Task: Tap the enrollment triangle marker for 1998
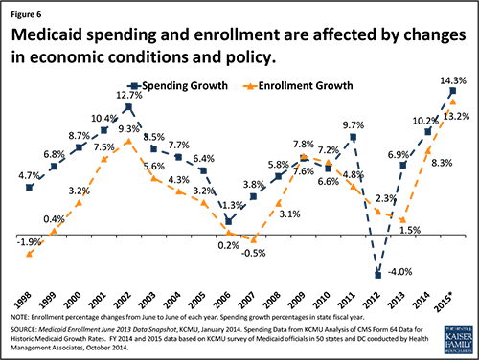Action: click(x=30, y=253)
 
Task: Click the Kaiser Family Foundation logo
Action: click(x=449, y=339)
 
